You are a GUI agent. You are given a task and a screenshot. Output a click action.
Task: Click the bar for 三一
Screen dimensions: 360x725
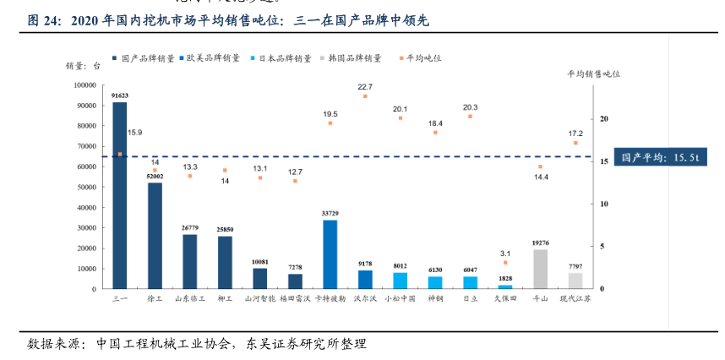pos(119,195)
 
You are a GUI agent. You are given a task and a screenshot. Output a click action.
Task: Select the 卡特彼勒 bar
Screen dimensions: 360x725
pos(330,254)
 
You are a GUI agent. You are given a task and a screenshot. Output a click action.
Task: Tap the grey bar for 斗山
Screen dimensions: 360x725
pos(540,269)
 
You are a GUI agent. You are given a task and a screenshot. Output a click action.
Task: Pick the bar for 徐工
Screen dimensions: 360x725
pos(155,236)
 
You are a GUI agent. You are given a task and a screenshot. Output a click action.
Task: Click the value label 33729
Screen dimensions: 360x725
pos(330,214)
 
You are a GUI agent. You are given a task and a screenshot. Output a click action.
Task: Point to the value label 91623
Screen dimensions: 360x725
pos(119,95)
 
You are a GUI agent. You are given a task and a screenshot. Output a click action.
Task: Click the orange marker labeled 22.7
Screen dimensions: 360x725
pos(365,96)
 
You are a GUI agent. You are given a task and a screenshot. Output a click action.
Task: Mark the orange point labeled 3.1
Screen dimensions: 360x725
pos(505,263)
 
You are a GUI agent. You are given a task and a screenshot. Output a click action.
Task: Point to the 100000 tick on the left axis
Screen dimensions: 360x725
pos(84,85)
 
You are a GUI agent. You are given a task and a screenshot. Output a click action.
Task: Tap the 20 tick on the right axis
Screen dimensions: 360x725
pos(602,119)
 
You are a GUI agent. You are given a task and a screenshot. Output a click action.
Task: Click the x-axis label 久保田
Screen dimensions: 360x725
pos(505,298)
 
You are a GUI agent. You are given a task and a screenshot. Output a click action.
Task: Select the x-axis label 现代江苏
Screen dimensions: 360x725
pos(575,298)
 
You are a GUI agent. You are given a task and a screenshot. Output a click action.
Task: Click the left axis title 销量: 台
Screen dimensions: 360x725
pos(83,65)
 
